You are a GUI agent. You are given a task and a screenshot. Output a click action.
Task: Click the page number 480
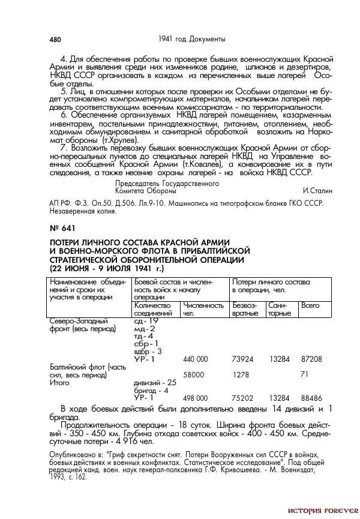55,40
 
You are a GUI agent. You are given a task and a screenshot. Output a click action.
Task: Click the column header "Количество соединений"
152,310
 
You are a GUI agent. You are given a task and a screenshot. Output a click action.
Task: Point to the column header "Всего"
310,306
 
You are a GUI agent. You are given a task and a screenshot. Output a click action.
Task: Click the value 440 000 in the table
195,359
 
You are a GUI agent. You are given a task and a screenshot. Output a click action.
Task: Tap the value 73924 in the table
243,359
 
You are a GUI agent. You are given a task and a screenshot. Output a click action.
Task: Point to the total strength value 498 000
195,398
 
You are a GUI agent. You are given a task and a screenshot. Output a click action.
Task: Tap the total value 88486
311,398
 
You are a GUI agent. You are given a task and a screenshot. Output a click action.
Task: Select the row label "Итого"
59,382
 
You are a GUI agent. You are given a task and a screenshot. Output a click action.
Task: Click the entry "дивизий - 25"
154,382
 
